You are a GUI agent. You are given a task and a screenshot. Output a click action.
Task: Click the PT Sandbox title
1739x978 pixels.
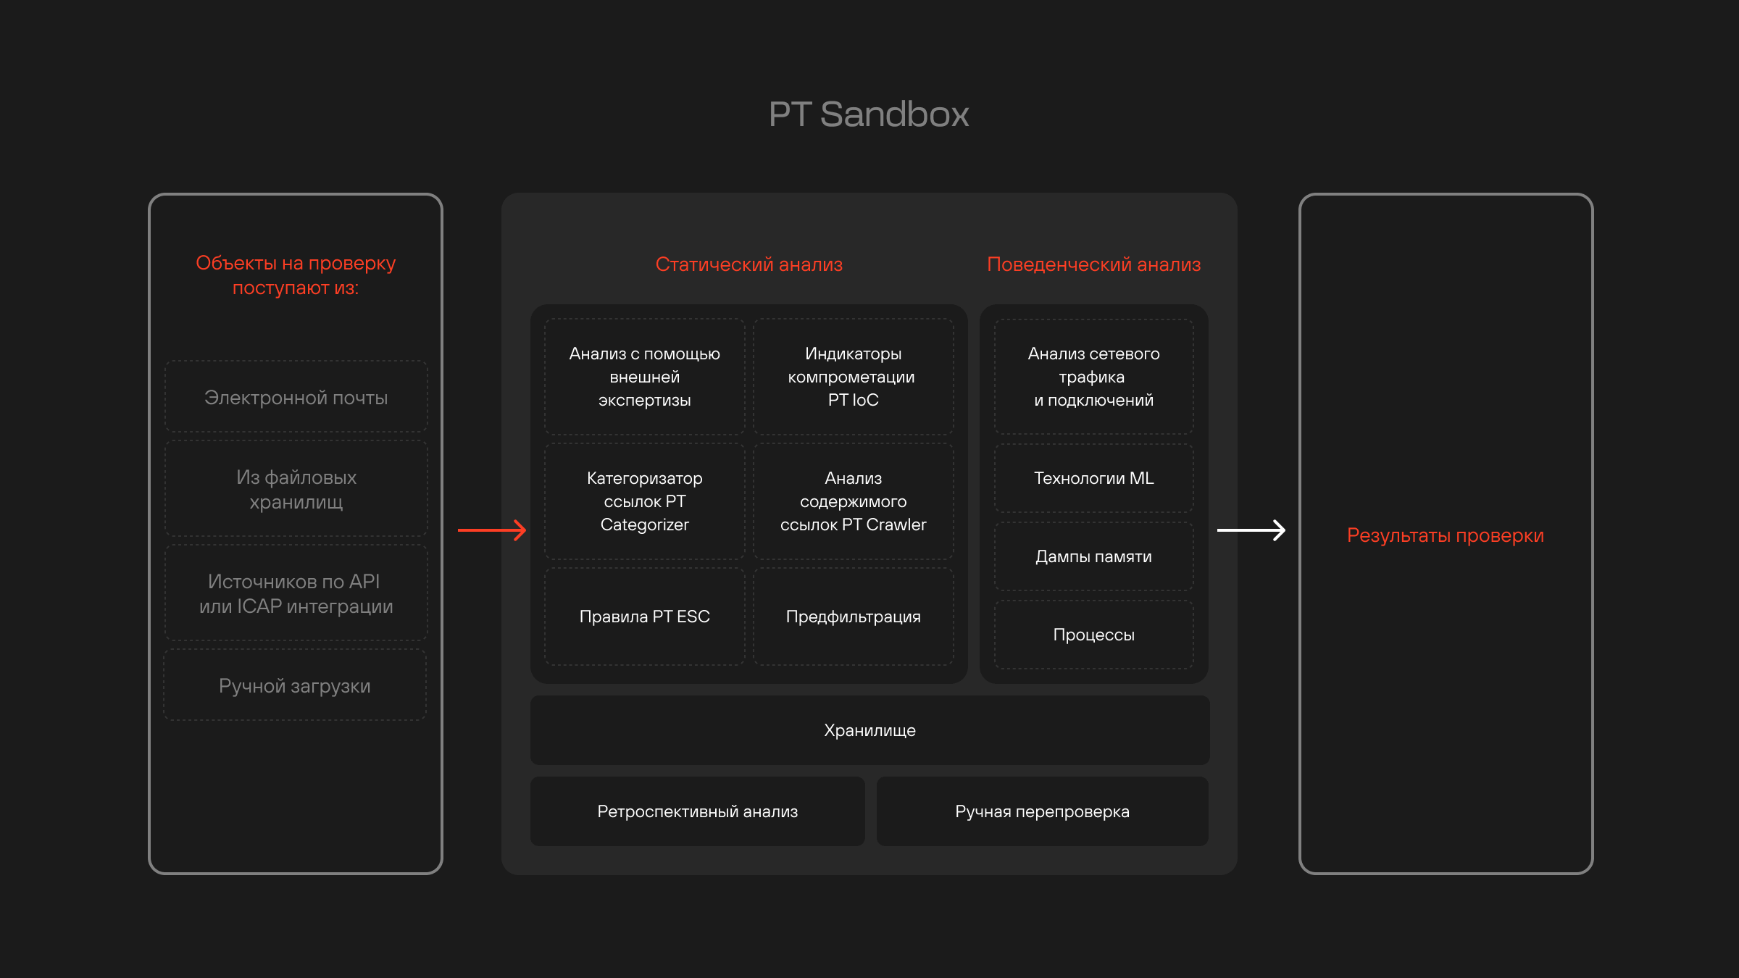(869, 114)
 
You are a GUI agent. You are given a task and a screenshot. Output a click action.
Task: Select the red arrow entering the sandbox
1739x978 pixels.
(492, 530)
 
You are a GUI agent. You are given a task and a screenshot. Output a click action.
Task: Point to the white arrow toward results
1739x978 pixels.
(1251, 530)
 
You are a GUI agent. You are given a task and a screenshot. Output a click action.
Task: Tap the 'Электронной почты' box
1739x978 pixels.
(296, 397)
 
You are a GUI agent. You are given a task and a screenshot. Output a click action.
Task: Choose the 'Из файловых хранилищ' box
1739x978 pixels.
(296, 489)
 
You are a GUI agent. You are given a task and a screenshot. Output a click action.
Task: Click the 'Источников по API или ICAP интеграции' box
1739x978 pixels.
(296, 593)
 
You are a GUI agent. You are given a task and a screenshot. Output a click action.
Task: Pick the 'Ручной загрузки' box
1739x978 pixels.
(295, 685)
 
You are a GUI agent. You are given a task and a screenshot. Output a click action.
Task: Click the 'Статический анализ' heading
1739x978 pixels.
(748, 264)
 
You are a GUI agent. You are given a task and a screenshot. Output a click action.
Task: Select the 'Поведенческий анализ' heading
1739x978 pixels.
(1093, 264)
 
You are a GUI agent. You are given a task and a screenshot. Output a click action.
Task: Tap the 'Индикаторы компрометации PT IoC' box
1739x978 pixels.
(853, 377)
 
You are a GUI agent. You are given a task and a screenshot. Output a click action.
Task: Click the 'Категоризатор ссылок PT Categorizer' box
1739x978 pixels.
(644, 501)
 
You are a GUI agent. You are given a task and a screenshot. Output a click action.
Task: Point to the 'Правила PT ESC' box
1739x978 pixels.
(644, 617)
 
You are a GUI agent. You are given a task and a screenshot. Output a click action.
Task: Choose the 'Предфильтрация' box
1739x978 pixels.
(853, 617)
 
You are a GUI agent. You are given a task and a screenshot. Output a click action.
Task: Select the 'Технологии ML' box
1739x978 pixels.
(1093, 478)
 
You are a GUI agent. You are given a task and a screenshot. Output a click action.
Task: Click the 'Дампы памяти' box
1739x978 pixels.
(1093, 556)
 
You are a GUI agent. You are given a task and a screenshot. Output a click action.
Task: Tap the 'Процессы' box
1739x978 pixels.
(1093, 635)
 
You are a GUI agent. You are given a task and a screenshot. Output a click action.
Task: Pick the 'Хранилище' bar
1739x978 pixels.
(869, 730)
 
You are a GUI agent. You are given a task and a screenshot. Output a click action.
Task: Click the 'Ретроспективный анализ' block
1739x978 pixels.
(697, 811)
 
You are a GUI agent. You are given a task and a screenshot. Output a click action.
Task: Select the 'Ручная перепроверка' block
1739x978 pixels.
(1042, 811)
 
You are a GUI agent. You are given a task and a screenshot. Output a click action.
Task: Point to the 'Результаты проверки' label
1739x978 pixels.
(1445, 535)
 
